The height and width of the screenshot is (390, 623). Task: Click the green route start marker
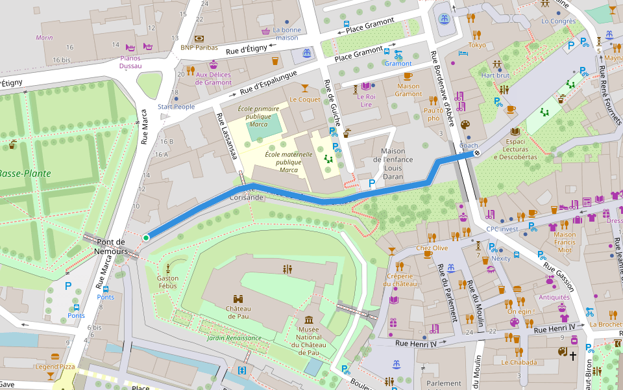(146, 238)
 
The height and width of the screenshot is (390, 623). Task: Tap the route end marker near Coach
(477, 154)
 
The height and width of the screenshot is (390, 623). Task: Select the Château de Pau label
(238, 312)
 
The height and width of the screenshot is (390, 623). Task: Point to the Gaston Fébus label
(167, 282)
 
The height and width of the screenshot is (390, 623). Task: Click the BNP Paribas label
(199, 47)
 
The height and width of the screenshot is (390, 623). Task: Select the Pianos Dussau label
(130, 62)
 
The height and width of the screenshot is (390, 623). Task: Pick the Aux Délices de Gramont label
(214, 79)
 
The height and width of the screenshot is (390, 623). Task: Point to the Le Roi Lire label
(365, 100)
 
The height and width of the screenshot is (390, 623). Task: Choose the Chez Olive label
(432, 248)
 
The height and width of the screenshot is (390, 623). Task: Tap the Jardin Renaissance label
(234, 338)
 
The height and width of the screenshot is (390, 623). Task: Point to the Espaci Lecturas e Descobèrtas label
(515, 149)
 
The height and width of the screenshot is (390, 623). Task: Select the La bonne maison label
(286, 34)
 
